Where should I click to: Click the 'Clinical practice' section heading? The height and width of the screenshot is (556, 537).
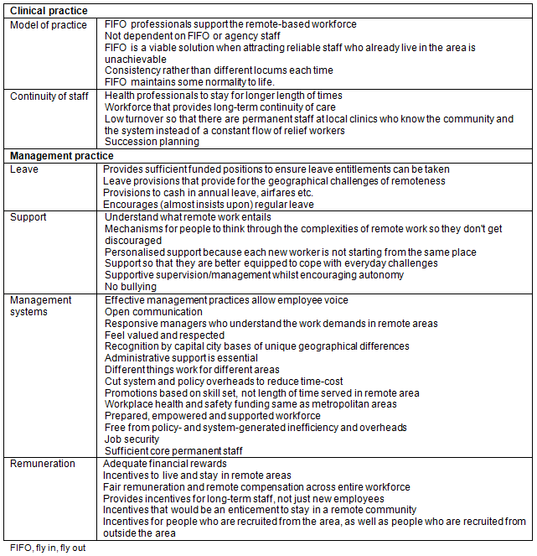(x=48, y=12)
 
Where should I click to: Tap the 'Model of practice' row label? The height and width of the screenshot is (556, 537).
(x=48, y=25)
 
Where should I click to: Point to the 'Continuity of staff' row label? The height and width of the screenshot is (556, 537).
(x=49, y=96)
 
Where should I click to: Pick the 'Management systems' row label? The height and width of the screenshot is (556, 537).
(x=41, y=305)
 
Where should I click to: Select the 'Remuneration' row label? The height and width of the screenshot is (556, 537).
(x=43, y=464)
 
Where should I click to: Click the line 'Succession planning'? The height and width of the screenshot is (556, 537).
(x=152, y=143)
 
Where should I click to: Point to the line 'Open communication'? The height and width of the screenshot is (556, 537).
(x=153, y=312)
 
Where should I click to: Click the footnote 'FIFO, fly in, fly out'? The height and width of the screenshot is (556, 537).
(x=48, y=548)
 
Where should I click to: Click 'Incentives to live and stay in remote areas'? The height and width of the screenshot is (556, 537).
(x=197, y=475)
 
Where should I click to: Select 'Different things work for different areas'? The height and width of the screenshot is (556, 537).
(x=192, y=370)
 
